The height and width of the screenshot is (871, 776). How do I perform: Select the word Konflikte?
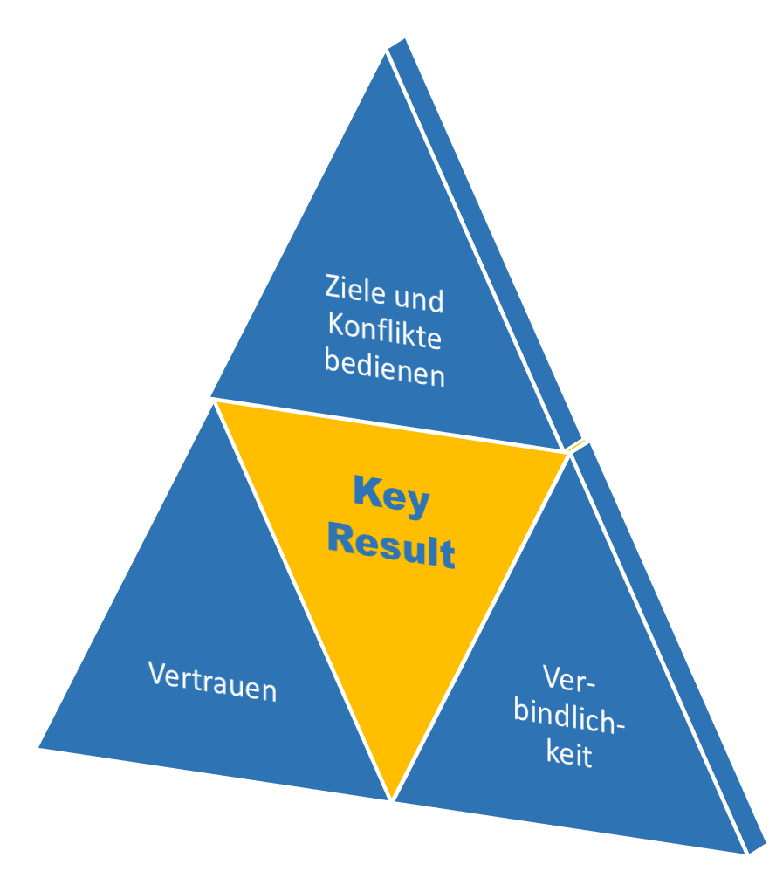tap(384, 331)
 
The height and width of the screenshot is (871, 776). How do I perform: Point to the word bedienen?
tap(384, 367)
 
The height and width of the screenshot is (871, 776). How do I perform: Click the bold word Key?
tap(392, 496)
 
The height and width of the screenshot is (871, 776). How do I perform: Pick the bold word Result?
tap(392, 545)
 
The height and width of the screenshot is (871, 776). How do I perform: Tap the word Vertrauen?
tap(212, 682)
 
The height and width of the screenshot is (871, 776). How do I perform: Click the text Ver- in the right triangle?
tap(569, 679)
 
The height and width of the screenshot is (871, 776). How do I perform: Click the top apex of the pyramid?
tap(386, 54)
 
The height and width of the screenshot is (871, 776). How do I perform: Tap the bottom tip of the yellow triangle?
tap(392, 799)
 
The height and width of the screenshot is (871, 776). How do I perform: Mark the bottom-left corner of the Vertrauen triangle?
tap(39, 747)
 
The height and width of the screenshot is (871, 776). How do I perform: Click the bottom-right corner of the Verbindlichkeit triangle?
tap(744, 854)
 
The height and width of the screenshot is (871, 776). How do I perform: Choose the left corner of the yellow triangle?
tap(216, 402)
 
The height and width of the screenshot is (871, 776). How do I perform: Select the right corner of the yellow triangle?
tap(567, 454)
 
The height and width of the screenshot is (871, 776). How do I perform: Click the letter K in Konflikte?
tap(336, 323)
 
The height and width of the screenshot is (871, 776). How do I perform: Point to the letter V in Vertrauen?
tap(157, 673)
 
